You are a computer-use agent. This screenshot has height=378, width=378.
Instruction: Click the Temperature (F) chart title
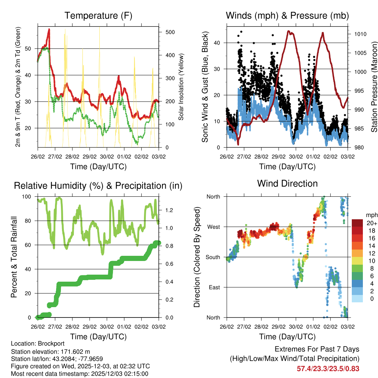pyautogui.click(x=98, y=16)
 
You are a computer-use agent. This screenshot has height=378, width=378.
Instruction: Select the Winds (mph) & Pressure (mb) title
pyautogui.click(x=287, y=16)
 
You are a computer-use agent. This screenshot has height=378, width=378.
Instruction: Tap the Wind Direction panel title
pyautogui.click(x=287, y=183)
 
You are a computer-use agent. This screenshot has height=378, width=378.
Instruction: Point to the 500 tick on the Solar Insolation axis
pyautogui.click(x=170, y=32)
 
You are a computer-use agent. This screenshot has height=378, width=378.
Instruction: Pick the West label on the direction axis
pyautogui.click(x=213, y=227)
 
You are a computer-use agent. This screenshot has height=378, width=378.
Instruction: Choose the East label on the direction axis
pyautogui.click(x=213, y=287)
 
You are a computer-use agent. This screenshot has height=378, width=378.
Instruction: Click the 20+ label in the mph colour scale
pyautogui.click(x=372, y=223)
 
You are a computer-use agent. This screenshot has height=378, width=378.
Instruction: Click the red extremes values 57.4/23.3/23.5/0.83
pyautogui.click(x=328, y=368)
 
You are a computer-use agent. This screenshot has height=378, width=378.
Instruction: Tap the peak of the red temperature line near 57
pyautogui.click(x=49, y=29)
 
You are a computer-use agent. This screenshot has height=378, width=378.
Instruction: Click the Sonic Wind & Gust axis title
pyautogui.click(x=205, y=87)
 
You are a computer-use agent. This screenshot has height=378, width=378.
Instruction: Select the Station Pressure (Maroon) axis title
pyautogui.click(x=374, y=87)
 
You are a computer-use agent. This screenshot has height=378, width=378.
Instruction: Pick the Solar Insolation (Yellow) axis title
pyautogui.click(x=181, y=87)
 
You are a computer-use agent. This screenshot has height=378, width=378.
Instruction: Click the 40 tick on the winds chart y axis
pyautogui.click(x=217, y=43)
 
